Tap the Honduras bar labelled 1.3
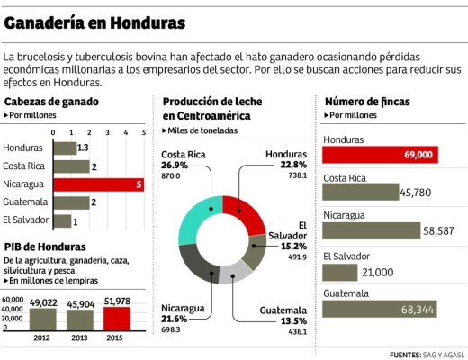tap(65, 148)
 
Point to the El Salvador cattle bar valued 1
tap(62, 220)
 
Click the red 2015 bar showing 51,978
tap(118, 318)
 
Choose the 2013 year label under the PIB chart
tap(79, 337)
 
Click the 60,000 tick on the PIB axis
tap(13, 300)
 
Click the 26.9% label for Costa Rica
tap(175, 166)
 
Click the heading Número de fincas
tap(367, 102)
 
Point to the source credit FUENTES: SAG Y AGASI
tap(423, 353)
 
